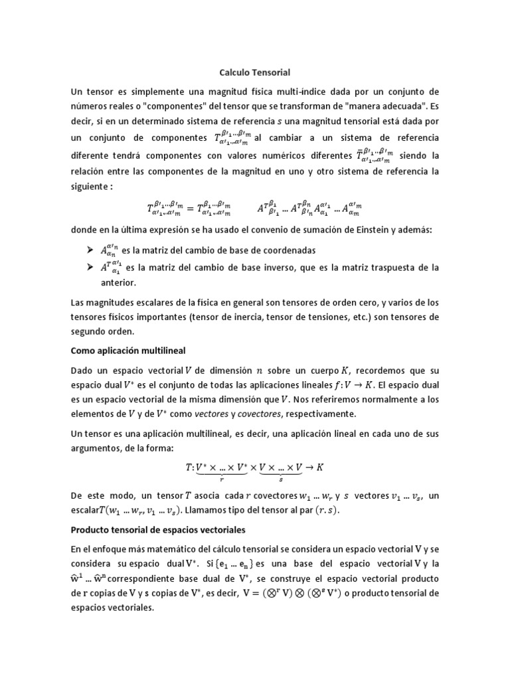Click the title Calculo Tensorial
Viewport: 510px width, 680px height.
255,71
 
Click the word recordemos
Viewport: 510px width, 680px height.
358,369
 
